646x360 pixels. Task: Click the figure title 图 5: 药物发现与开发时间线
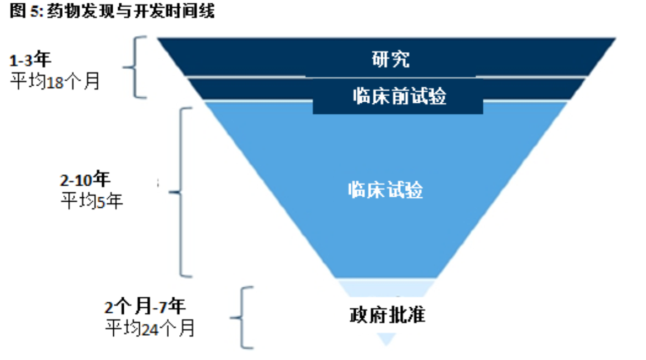[112, 10]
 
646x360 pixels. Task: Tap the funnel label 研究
[390, 59]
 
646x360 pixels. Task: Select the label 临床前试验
[399, 96]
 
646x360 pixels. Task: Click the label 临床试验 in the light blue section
[385, 190]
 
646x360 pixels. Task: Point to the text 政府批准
[387, 315]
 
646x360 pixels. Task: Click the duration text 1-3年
[30, 60]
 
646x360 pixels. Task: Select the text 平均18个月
[55, 81]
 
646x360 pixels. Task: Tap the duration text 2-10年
[85, 180]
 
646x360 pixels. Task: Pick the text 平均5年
[92, 201]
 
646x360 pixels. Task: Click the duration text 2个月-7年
[145, 307]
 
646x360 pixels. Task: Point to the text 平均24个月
[150, 328]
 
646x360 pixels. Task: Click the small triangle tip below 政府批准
[387, 340]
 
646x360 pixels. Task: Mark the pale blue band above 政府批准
[387, 287]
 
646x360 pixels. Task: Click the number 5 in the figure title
[35, 11]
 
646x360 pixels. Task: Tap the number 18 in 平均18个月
[55, 82]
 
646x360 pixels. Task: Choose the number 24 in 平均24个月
[150, 330]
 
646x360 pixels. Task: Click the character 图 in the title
[18, 10]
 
